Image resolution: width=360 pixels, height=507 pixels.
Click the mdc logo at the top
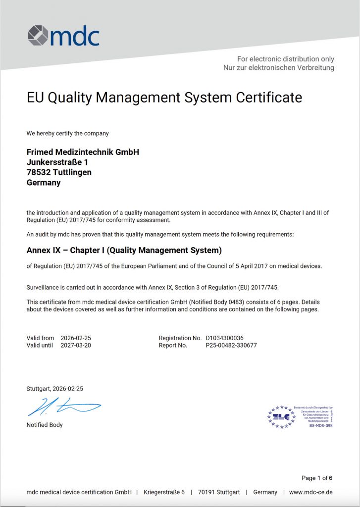[63, 36]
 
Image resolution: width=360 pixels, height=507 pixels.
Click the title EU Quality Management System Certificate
[164, 98]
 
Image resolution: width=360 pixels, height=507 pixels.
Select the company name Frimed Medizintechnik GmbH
[83, 152]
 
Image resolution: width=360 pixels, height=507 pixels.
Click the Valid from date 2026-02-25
[76, 338]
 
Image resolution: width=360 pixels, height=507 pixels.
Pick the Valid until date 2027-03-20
[76, 346]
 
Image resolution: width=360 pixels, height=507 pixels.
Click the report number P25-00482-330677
[231, 346]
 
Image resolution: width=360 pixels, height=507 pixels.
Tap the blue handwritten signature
[63, 407]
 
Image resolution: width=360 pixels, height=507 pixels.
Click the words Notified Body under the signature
[45, 425]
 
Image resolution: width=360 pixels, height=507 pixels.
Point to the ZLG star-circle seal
[281, 416]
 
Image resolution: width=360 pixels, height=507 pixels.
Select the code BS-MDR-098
[320, 425]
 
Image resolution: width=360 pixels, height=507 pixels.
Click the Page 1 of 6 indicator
[317, 478]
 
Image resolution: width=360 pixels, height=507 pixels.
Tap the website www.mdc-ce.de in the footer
[310, 492]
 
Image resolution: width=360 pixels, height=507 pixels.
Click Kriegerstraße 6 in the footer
[164, 492]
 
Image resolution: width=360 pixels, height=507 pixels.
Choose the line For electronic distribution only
[286, 59]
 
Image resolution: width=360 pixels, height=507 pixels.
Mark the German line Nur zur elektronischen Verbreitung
[279, 67]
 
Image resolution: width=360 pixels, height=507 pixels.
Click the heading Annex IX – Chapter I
[124, 250]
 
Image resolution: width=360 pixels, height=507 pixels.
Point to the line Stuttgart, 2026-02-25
[54, 389]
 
